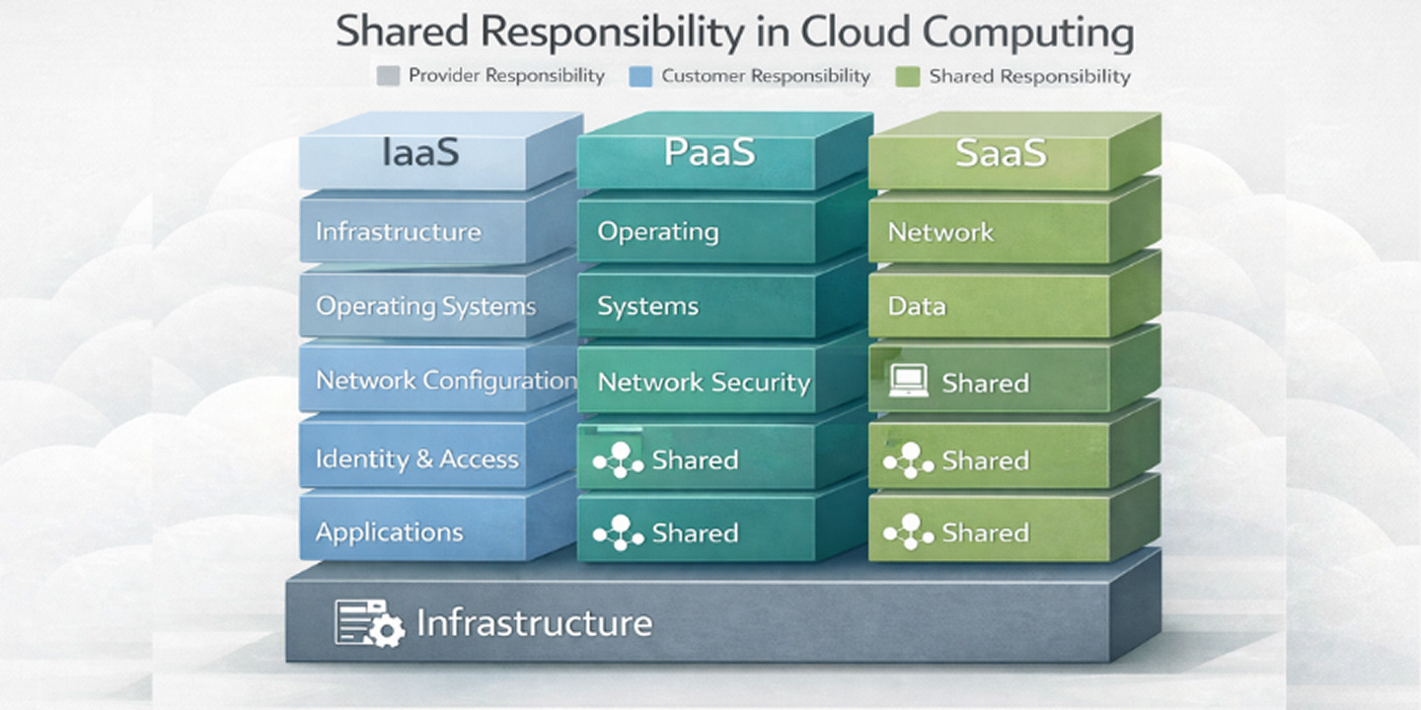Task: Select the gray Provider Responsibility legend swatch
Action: click(x=389, y=76)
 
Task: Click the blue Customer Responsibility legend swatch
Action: click(x=641, y=76)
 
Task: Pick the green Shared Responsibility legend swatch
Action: click(x=909, y=76)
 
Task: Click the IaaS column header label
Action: click(x=419, y=153)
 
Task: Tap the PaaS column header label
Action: click(x=709, y=153)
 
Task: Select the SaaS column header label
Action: click(x=1000, y=153)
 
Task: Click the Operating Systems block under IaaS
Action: click(x=425, y=306)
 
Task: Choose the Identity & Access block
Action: click(x=416, y=459)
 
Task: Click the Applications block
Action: click(x=389, y=532)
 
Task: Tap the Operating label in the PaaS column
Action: click(x=657, y=232)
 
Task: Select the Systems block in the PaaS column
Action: click(x=647, y=306)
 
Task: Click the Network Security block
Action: click(x=704, y=382)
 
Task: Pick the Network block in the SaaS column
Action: click(x=940, y=232)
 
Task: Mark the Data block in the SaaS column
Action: click(x=917, y=306)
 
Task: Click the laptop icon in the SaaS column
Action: click(x=907, y=382)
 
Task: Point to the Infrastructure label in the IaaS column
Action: click(x=398, y=232)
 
